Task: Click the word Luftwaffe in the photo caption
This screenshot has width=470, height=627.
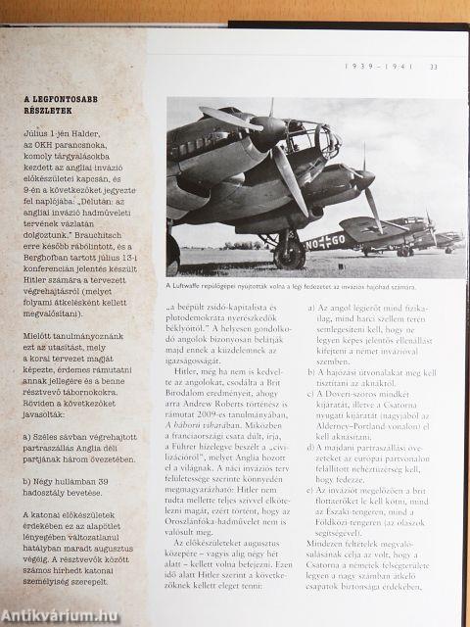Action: pos(197,287)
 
